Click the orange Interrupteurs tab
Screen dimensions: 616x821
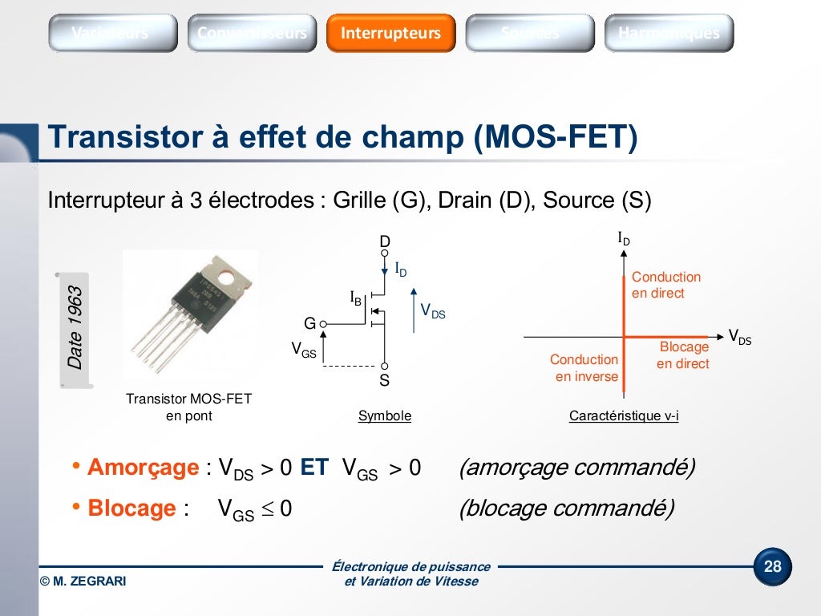click(390, 33)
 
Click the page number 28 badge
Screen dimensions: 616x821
click(772, 567)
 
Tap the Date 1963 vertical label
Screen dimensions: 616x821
click(75, 328)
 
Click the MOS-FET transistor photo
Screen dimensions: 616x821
click(189, 313)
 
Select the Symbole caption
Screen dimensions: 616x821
click(385, 416)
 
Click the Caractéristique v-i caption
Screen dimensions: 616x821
click(624, 416)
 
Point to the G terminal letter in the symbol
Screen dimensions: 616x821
click(309, 323)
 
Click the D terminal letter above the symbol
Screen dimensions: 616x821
click(385, 241)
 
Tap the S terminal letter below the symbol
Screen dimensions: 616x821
click(385, 381)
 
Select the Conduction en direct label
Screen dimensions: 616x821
click(665, 285)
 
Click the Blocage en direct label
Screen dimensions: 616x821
click(683, 355)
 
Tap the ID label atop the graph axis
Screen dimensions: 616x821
click(624, 238)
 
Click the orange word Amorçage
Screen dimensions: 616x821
click(143, 468)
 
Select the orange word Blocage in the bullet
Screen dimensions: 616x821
click(131, 509)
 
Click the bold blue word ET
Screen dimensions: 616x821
click(314, 468)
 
